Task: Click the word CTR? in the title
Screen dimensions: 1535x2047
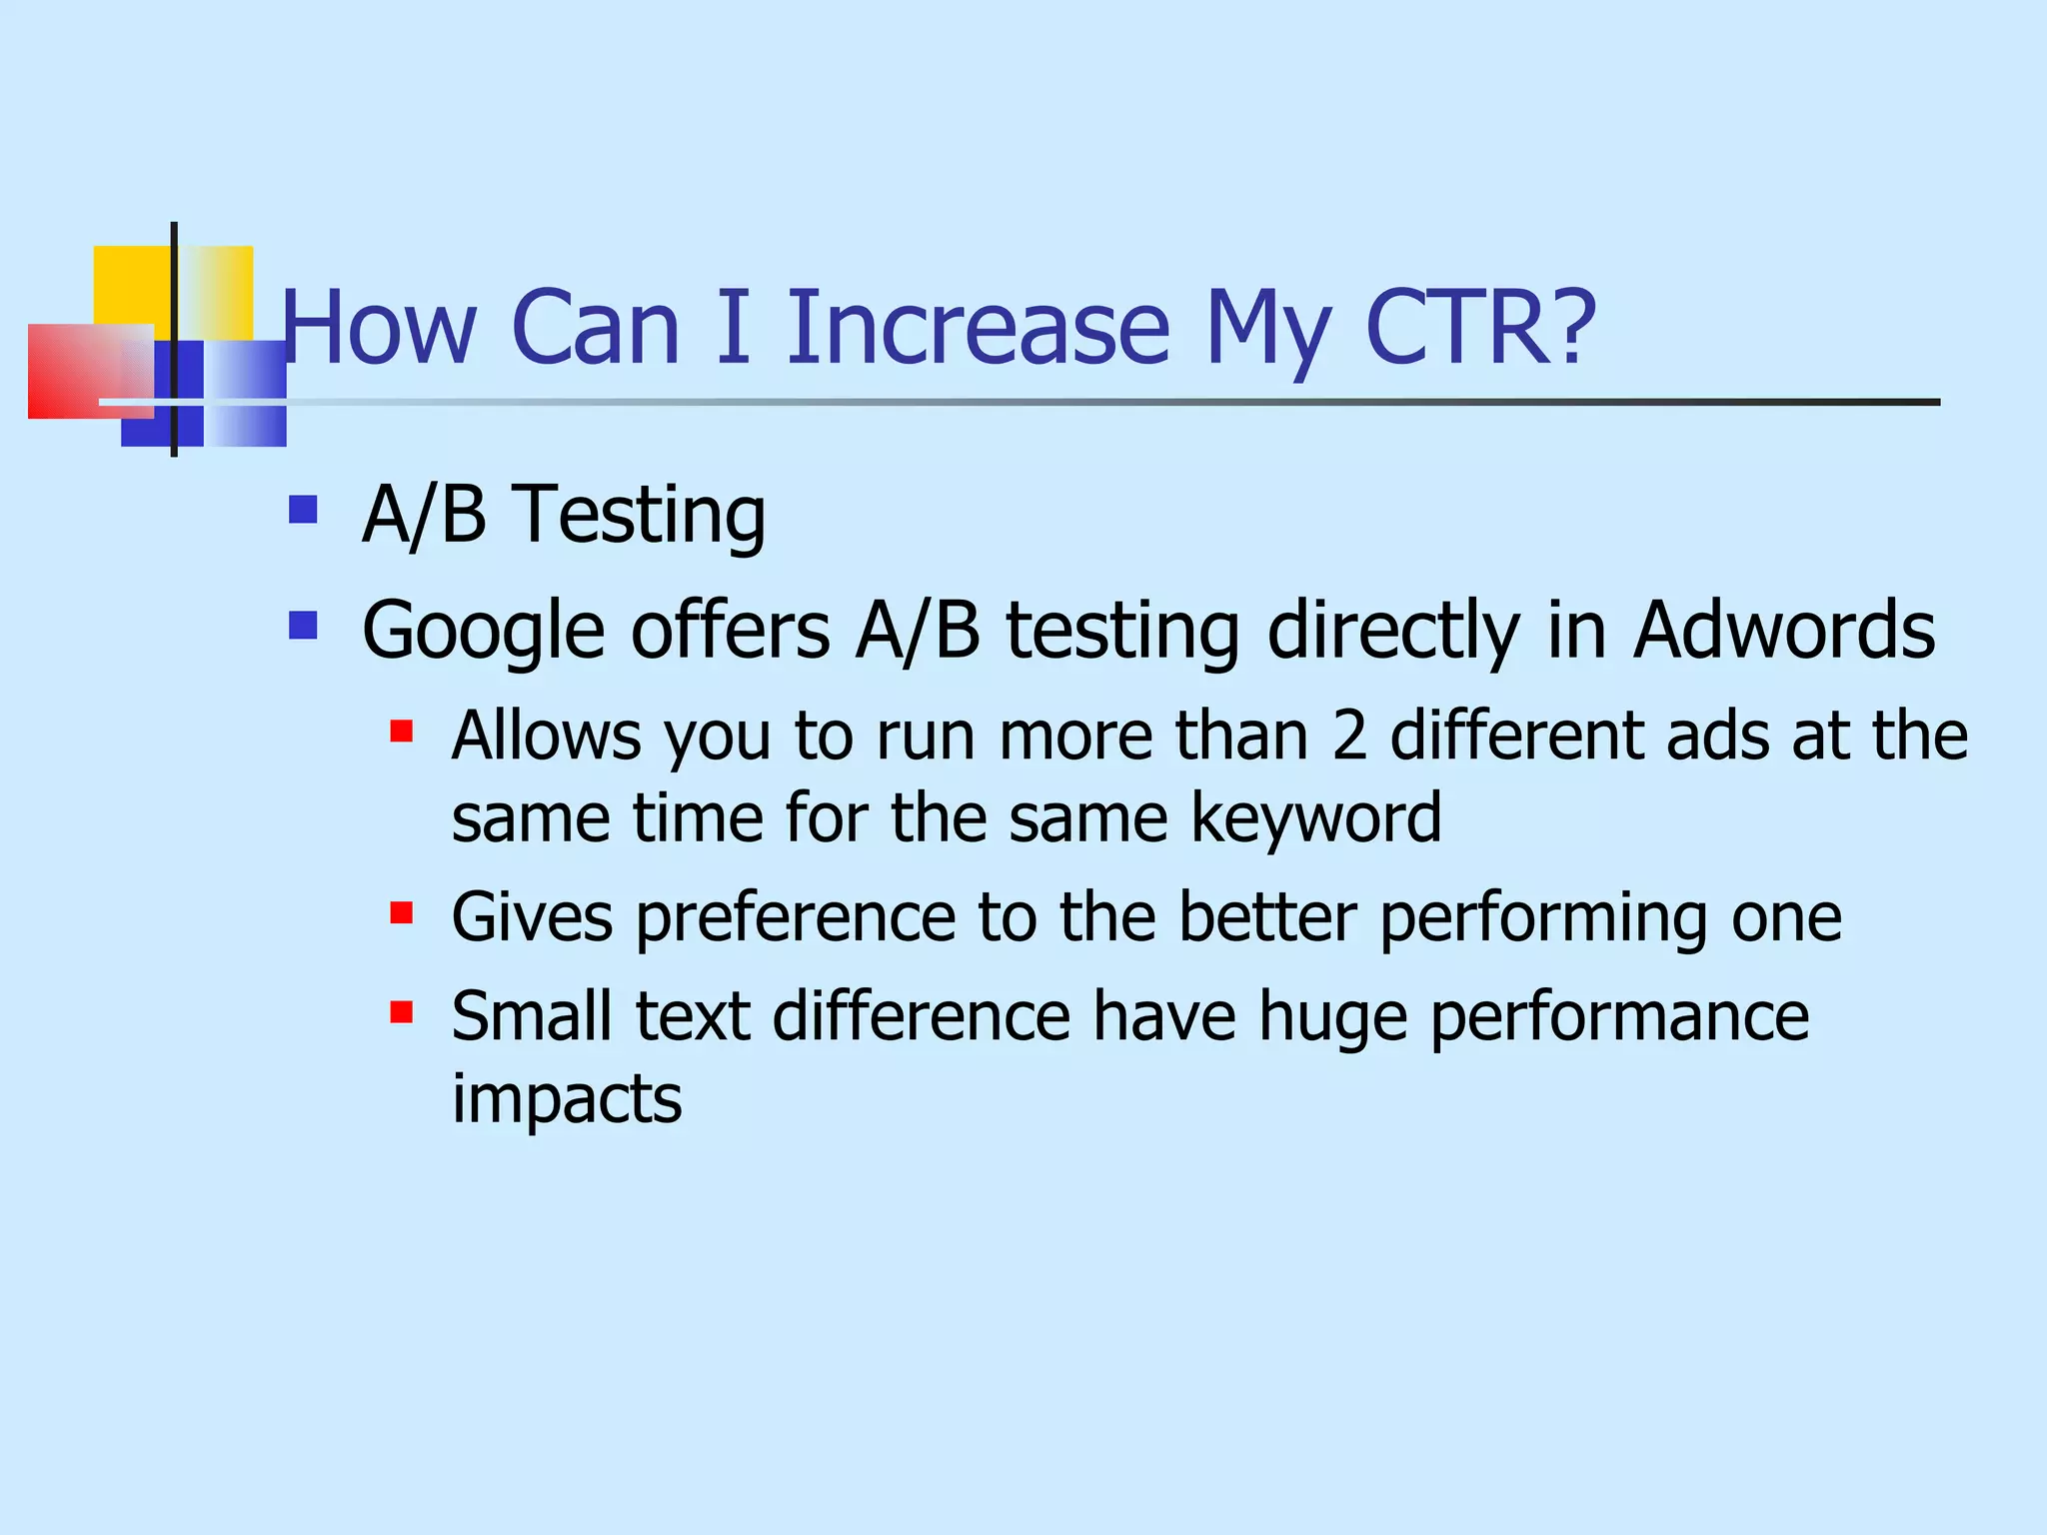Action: [1480, 328]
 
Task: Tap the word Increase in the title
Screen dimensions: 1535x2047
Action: [978, 328]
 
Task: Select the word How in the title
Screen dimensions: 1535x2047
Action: [380, 328]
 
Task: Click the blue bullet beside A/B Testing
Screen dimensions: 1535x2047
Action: [302, 511]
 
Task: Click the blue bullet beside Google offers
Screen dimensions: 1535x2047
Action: [302, 626]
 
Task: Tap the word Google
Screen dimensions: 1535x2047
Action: [484, 632]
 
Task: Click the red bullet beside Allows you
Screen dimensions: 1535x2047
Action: [402, 732]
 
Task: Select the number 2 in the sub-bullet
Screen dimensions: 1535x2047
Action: [1349, 736]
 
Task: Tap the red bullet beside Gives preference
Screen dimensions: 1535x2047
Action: [402, 912]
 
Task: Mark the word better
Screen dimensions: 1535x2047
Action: [1266, 917]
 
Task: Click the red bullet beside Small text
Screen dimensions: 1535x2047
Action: [402, 1012]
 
